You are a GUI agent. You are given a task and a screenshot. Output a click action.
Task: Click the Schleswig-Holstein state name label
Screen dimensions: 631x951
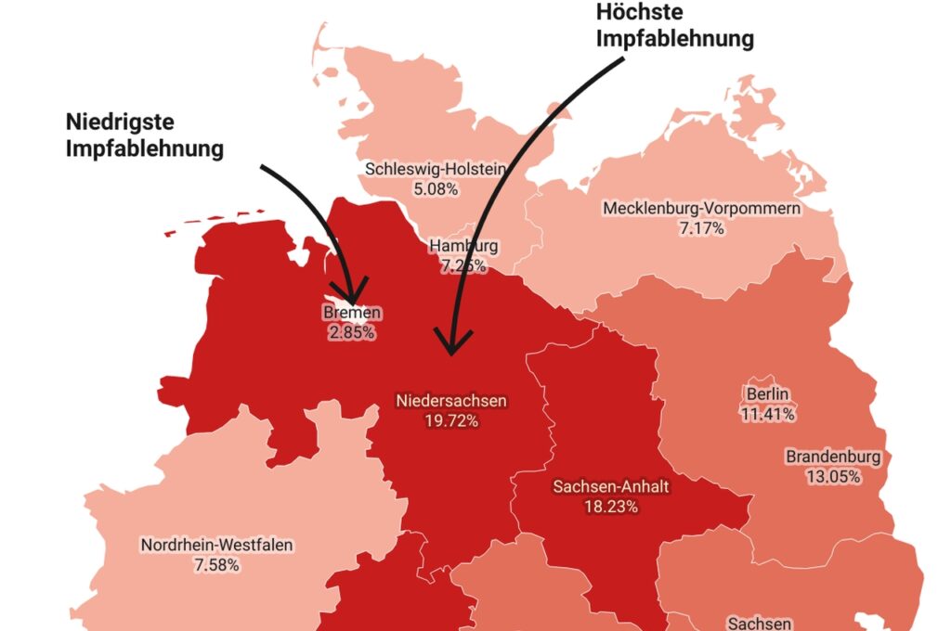click(436, 170)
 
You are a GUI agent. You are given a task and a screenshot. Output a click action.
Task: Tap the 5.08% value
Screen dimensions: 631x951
click(436, 188)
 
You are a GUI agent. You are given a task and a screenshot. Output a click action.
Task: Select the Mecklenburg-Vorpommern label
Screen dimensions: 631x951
click(701, 208)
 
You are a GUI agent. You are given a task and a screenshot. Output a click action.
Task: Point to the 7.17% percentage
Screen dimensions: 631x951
click(701, 227)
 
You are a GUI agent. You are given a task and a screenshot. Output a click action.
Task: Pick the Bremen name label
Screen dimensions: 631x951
click(352, 314)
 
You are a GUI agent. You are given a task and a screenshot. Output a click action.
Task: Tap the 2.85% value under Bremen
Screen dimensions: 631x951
click(352, 332)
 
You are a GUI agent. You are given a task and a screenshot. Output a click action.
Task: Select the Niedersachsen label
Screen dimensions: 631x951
click(451, 402)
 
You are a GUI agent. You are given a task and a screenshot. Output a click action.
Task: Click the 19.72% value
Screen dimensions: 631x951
click(451, 421)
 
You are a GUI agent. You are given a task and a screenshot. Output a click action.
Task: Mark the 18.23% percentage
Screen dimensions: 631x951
click(610, 506)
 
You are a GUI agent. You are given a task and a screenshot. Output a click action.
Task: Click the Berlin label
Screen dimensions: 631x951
click(767, 393)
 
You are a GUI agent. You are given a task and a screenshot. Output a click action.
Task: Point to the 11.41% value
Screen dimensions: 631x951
click(767, 413)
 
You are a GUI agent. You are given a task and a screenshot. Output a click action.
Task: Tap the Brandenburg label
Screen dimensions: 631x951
click(833, 457)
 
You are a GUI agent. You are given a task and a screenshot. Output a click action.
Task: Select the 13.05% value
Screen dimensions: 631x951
click(833, 477)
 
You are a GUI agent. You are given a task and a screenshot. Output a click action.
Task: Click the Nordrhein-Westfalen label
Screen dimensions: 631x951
click(216, 545)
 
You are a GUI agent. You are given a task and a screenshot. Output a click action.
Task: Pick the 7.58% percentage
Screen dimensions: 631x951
click(216, 564)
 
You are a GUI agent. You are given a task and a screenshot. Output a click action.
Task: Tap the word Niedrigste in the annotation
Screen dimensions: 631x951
click(121, 122)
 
